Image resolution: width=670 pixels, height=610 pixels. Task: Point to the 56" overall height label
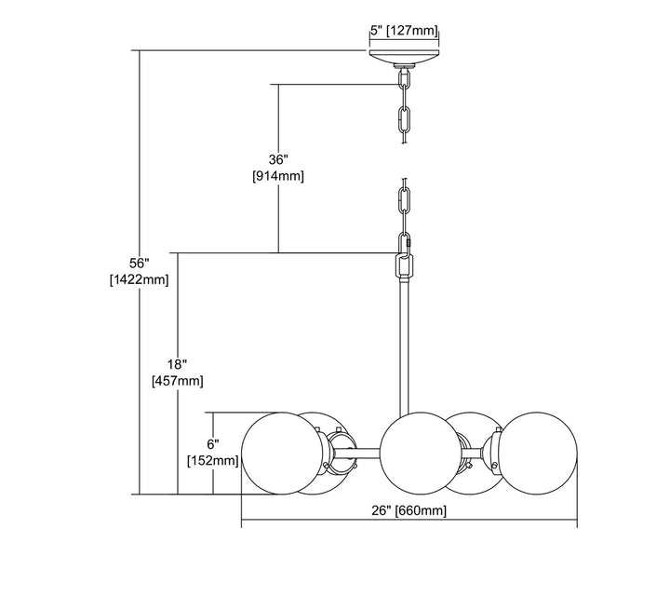tap(139, 262)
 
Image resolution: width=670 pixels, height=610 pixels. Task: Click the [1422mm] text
tap(139, 279)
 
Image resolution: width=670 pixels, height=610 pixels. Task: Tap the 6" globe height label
tap(214, 444)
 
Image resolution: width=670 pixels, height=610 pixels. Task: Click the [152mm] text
tap(214, 461)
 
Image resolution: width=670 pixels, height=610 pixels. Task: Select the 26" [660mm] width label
tap(409, 509)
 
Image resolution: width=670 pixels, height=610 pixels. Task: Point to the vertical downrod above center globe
tap(405, 345)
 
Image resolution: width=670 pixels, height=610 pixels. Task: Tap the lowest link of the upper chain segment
tap(405, 122)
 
